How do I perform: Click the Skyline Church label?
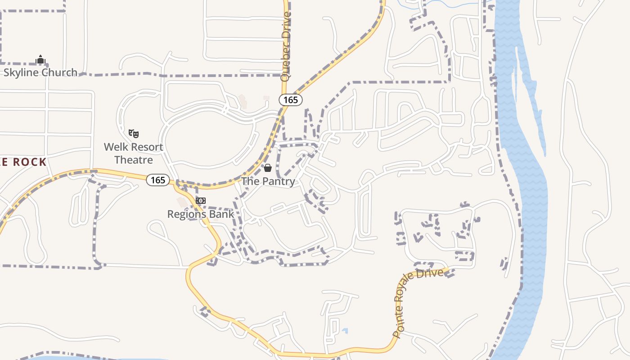pyautogui.click(x=40, y=72)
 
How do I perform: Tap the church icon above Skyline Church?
pyautogui.click(x=40, y=59)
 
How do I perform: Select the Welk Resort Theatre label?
pyautogui.click(x=134, y=153)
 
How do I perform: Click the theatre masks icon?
pyautogui.click(x=134, y=133)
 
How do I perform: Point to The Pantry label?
pyautogui.click(x=268, y=181)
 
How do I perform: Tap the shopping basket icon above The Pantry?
pyautogui.click(x=268, y=168)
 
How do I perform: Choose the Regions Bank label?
pyautogui.click(x=201, y=214)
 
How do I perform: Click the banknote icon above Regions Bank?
pyautogui.click(x=201, y=200)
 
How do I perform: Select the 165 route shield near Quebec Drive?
pyautogui.click(x=291, y=100)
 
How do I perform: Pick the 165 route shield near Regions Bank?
pyautogui.click(x=158, y=180)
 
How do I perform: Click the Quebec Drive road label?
pyautogui.click(x=285, y=47)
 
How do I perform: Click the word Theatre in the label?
pyautogui.click(x=134, y=160)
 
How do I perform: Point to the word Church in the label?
pyautogui.click(x=60, y=72)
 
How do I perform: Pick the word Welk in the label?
pyautogui.click(x=115, y=147)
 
